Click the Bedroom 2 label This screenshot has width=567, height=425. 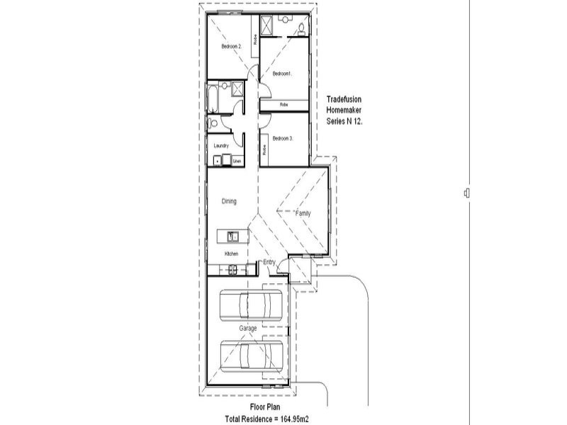231,47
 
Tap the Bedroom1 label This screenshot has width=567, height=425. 282,73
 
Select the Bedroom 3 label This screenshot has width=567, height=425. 282,138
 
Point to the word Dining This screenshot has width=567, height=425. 229,201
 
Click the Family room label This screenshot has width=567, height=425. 303,213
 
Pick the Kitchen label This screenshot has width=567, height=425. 231,254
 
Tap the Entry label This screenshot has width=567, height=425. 269,263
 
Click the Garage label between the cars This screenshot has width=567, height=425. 247,329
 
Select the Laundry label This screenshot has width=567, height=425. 220,146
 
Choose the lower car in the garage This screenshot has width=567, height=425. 252,353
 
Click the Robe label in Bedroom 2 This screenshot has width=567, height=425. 254,42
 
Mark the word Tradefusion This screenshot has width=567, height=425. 344,99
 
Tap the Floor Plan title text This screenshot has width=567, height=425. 266,407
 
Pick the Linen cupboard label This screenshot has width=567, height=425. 237,161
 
